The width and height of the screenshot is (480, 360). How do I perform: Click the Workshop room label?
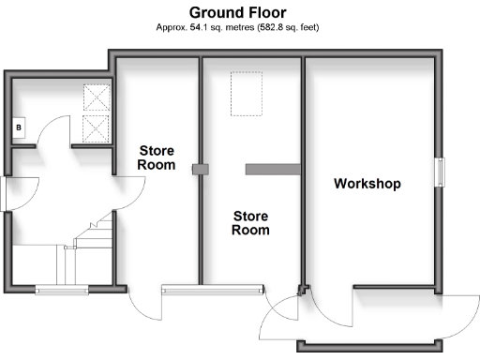[x=367, y=184]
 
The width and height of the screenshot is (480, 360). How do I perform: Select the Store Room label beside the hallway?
[x=157, y=157]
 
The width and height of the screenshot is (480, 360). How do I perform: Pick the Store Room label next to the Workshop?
[x=250, y=222]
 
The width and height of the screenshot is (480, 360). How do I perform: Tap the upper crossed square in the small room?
[x=97, y=98]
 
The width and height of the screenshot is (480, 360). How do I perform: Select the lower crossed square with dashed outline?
[x=97, y=127]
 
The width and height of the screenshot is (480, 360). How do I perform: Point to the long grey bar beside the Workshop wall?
[x=272, y=169]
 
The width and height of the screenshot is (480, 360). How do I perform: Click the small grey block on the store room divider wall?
[x=198, y=170]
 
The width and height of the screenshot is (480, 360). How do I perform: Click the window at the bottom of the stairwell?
[x=61, y=289]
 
